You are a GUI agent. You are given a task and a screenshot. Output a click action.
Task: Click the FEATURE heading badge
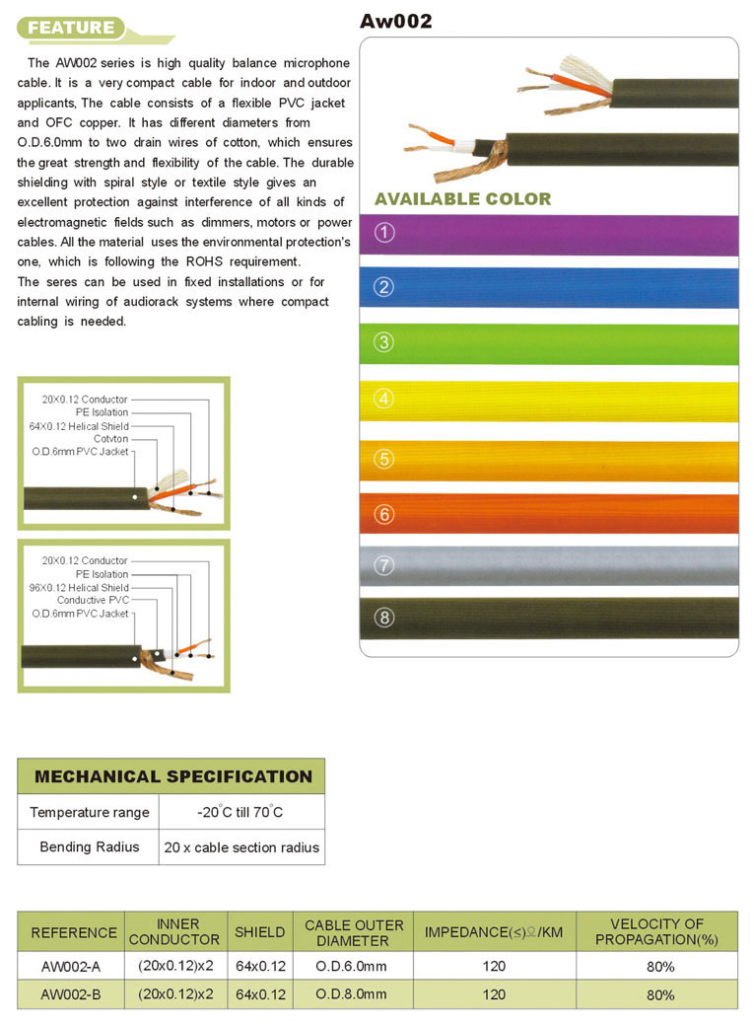coord(72,28)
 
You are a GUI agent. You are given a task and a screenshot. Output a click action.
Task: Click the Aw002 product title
coord(396,21)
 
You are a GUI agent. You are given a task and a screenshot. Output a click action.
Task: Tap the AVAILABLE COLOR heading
coord(462,199)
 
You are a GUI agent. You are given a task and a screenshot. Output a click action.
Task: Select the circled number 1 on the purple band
coord(385,234)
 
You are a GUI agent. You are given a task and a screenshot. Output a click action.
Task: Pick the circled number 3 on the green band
coord(385,343)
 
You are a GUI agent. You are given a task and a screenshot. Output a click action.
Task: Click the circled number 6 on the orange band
coord(385,514)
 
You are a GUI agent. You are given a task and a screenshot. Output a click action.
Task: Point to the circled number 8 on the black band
coord(385,619)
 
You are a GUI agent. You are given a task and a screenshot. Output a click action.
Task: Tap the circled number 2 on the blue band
coord(385,287)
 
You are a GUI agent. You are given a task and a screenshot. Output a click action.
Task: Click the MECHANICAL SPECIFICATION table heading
coord(172,776)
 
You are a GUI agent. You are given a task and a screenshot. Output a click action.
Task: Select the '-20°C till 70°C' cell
coord(240,812)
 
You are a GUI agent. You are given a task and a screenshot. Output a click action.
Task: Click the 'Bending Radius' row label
coord(89,846)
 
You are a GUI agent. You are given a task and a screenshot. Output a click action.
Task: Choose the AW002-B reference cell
coord(71,994)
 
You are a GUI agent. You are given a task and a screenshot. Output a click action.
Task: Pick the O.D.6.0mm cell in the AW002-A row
coord(352,966)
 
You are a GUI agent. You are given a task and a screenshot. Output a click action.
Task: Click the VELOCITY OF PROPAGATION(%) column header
coord(656,931)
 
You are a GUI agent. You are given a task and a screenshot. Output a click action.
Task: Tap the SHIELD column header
coord(259,931)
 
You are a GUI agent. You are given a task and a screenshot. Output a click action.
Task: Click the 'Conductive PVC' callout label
coord(93,600)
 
